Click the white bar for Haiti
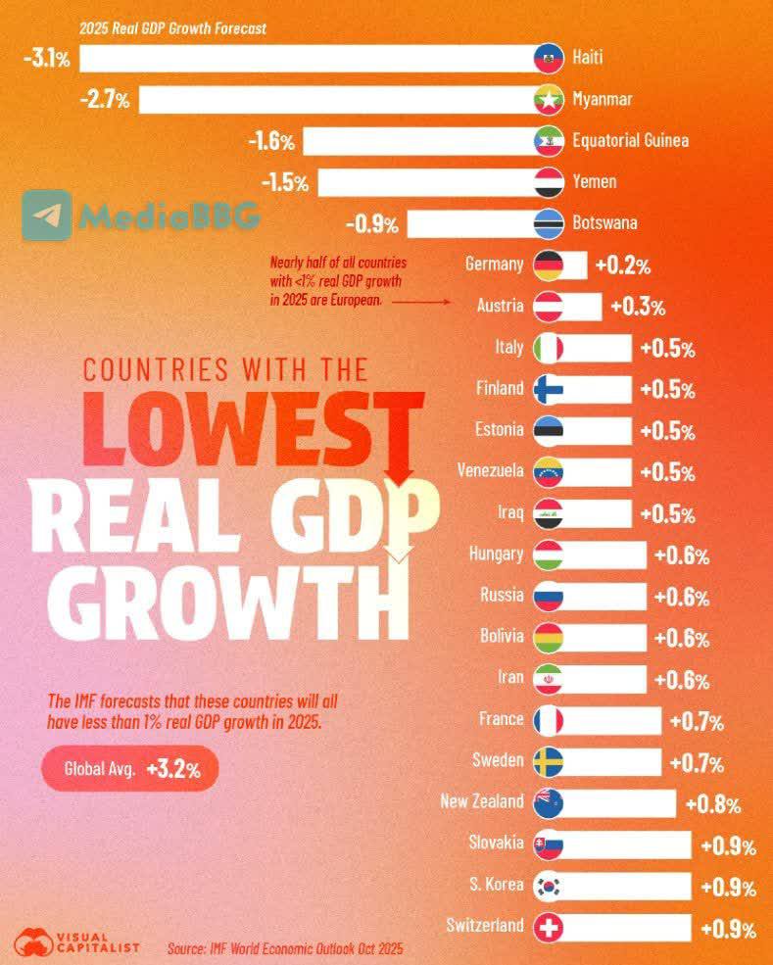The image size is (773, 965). click(308, 59)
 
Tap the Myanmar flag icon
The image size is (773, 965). click(549, 100)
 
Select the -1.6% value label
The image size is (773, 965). click(271, 141)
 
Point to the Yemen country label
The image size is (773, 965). click(594, 181)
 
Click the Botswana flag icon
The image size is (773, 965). click(549, 224)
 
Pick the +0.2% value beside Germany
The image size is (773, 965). click(623, 265)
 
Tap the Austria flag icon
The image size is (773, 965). click(549, 307)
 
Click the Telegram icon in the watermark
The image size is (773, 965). click(47, 215)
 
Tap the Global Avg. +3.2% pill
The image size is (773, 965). click(130, 769)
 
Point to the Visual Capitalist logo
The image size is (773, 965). click(77, 941)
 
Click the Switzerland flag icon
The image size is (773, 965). click(549, 928)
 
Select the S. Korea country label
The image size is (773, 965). click(496, 885)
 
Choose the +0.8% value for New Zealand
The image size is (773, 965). click(712, 804)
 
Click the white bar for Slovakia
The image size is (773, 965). click(621, 845)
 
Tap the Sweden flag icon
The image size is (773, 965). click(549, 762)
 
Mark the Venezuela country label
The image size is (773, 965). click(491, 471)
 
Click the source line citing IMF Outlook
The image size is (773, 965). click(285, 948)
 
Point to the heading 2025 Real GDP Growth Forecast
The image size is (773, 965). click(173, 28)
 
